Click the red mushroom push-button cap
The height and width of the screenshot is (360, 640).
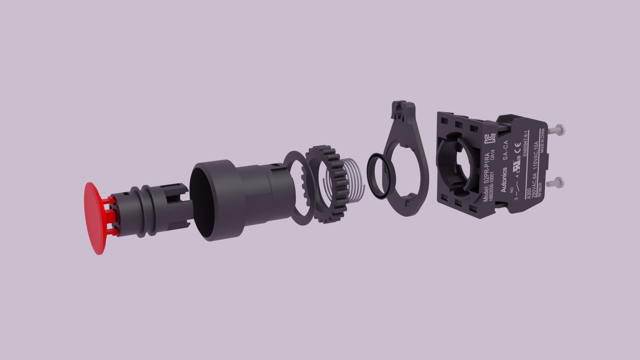pyautogui.click(x=95, y=218)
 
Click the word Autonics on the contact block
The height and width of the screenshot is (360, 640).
pyautogui.click(x=504, y=180)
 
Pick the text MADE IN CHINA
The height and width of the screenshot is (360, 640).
pyautogui.click(x=543, y=140)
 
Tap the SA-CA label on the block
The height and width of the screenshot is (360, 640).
pyautogui.click(x=505, y=150)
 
